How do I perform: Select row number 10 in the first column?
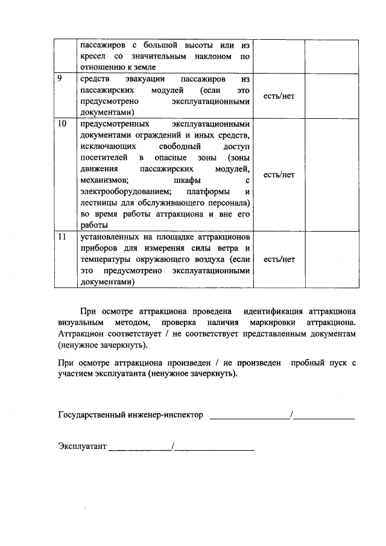coord(61,124)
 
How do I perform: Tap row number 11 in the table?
coord(61,237)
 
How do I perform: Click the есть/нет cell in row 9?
coord(279,96)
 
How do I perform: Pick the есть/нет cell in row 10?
coord(279,174)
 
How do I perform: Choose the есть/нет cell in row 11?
coord(279,259)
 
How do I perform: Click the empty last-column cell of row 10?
coord(329,174)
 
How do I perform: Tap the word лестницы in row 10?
coord(95,203)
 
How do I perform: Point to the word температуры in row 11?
coord(103,259)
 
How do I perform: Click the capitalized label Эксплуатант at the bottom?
coord(82,446)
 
